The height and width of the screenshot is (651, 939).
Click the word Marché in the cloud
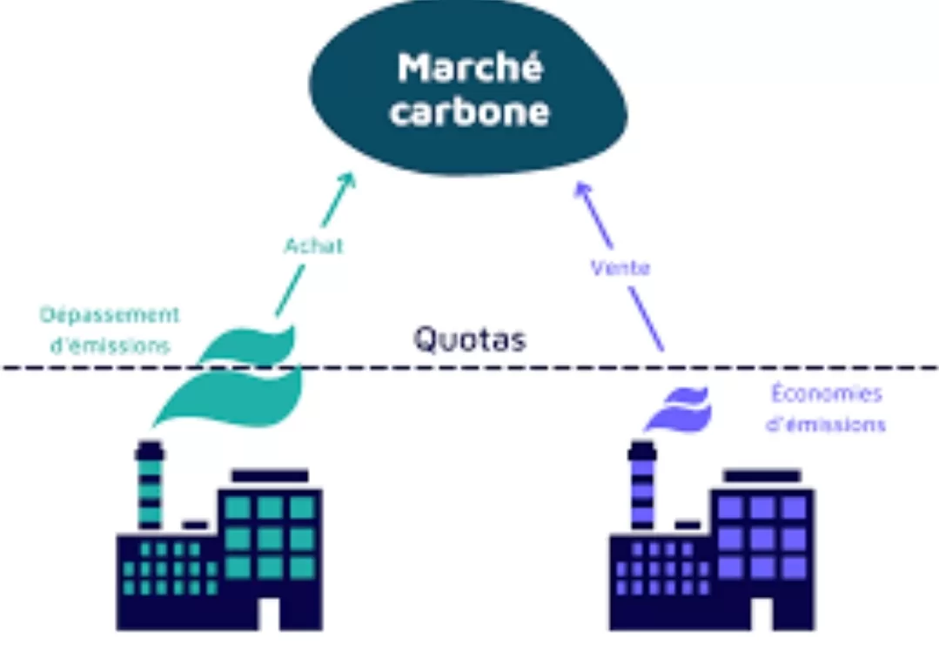(469, 68)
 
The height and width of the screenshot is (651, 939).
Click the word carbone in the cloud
(469, 113)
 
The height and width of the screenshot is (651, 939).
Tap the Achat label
(313, 245)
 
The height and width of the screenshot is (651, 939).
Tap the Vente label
(620, 268)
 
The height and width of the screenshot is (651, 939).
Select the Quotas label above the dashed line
(469, 339)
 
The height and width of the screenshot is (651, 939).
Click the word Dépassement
(110, 314)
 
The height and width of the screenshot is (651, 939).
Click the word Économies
(826, 393)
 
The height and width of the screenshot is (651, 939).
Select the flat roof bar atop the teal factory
(269, 475)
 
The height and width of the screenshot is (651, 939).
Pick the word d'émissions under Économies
(826, 425)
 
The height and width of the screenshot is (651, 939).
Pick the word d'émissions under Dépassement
(110, 345)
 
